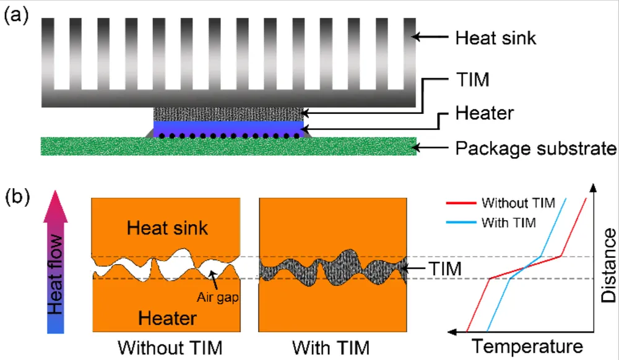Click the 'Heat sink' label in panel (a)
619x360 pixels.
click(495, 38)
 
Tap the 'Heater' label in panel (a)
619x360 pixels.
click(484, 115)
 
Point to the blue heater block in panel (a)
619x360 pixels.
click(229, 127)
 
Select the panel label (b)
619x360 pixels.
click(17, 198)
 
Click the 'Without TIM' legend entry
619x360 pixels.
click(518, 203)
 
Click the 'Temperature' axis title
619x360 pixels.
click(527, 345)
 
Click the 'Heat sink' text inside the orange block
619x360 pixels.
click(167, 228)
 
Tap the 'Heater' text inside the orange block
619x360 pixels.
click(167, 318)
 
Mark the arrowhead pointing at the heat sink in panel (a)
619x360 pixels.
click(415, 38)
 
